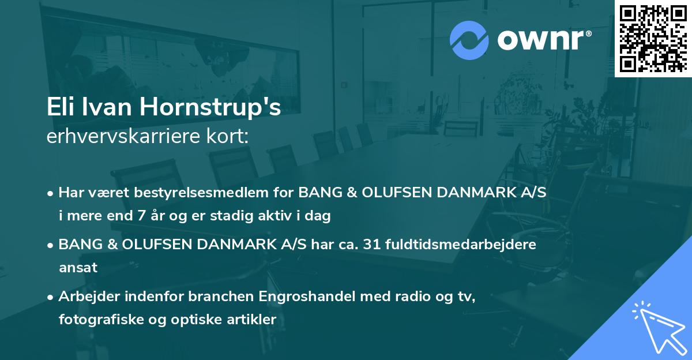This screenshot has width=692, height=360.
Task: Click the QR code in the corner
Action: pos(653,38)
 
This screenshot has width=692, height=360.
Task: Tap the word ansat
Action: pos(78,267)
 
